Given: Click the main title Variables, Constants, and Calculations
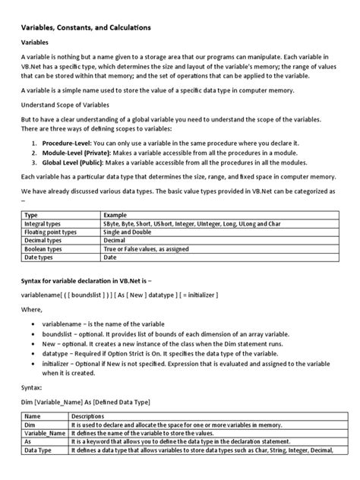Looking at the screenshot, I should point(85,27).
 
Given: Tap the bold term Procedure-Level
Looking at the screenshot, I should point(65,142).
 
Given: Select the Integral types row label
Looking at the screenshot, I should point(44,226).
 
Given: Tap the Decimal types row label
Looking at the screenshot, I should point(44,244).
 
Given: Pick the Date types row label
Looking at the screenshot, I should point(39,262).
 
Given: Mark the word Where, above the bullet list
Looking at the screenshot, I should point(32,310).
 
